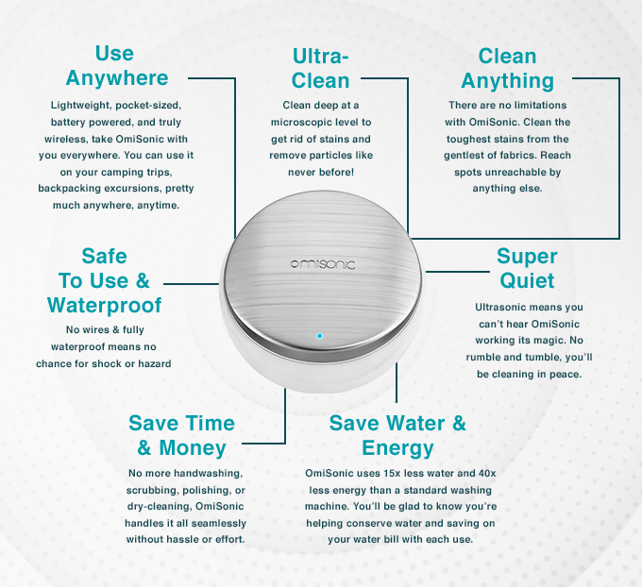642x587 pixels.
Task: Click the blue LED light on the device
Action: coord(319,336)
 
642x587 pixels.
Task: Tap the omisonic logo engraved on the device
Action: coord(323,264)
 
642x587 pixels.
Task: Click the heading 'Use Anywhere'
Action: coord(116,65)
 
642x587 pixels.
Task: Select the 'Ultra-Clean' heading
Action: coord(321,68)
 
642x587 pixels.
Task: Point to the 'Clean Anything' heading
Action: coord(507,68)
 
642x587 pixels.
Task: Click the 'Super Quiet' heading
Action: coord(527,269)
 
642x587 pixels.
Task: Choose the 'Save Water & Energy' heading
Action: coord(397,435)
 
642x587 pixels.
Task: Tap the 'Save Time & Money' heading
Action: coord(181,435)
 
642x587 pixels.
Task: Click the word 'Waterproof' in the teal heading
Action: coord(105,306)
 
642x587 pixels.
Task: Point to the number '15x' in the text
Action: coord(392,473)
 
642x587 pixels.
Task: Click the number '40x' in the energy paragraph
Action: coord(487,473)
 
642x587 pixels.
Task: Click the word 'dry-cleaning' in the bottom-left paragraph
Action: coord(159,507)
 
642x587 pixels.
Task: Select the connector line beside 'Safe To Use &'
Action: coord(192,283)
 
